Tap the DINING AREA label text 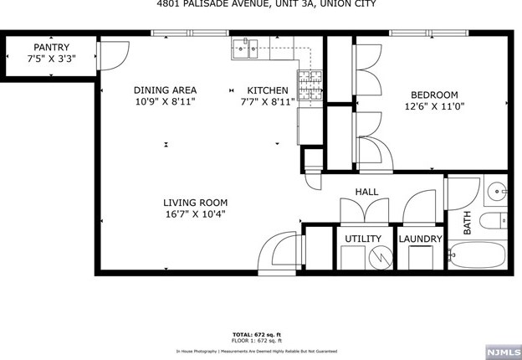pyautogui.click(x=165, y=90)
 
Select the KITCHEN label pyautogui.click(x=267, y=90)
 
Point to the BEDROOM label pyautogui.click(x=434, y=95)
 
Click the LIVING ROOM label pyautogui.click(x=195, y=203)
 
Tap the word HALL pyautogui.click(x=366, y=192)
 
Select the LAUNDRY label pyautogui.click(x=419, y=239)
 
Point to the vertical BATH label pyautogui.click(x=468, y=222)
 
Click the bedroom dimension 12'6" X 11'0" pyautogui.click(x=434, y=106)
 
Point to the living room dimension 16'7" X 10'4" pyautogui.click(x=195, y=214)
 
